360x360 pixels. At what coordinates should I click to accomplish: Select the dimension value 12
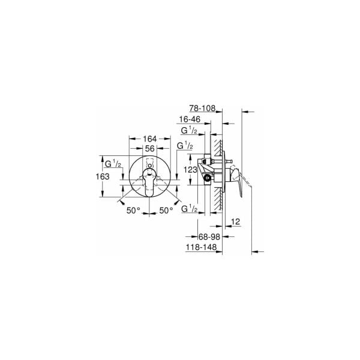[235, 222]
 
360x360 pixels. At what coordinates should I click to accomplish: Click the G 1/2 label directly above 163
[113, 164]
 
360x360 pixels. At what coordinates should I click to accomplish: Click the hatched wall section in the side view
[220, 174]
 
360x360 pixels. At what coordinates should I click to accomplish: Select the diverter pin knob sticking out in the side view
[229, 160]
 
